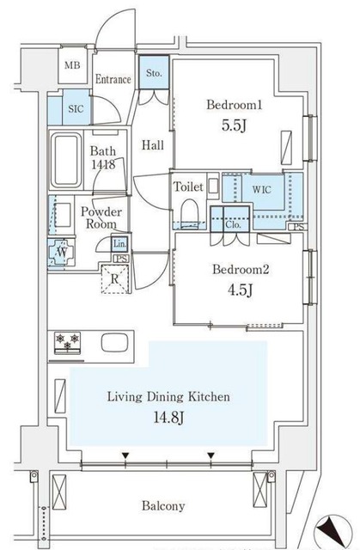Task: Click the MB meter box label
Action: click(x=72, y=65)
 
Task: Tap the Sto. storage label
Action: click(x=154, y=73)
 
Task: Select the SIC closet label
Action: click(x=76, y=109)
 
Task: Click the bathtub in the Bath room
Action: click(x=66, y=161)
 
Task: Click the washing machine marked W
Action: click(x=63, y=252)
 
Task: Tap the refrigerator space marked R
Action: click(x=114, y=278)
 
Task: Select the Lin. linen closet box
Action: click(x=119, y=244)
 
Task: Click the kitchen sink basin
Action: click(x=114, y=342)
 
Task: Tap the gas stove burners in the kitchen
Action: click(x=67, y=342)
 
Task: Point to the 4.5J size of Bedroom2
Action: click(x=241, y=290)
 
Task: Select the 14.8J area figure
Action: click(x=168, y=417)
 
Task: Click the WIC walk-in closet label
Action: click(x=261, y=190)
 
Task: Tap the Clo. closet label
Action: click(x=233, y=224)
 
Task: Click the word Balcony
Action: click(x=163, y=506)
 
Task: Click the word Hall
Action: click(x=153, y=145)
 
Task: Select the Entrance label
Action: click(x=113, y=79)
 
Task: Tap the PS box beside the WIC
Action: click(x=298, y=227)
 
